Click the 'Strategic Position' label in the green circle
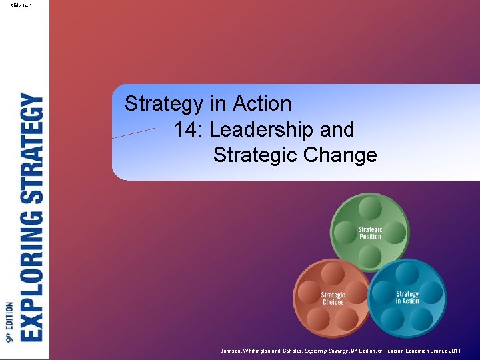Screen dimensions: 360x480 coord(370,233)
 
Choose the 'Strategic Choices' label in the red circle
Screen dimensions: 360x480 coord(333,298)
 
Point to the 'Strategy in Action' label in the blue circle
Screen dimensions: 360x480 coord(407,297)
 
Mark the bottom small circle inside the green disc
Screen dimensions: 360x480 coord(370,255)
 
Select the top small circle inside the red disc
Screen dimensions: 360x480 coord(333,273)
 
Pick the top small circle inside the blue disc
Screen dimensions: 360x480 coord(407,273)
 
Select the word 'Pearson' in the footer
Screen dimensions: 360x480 coord(398,351)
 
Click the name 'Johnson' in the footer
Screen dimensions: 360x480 coord(234,351)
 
